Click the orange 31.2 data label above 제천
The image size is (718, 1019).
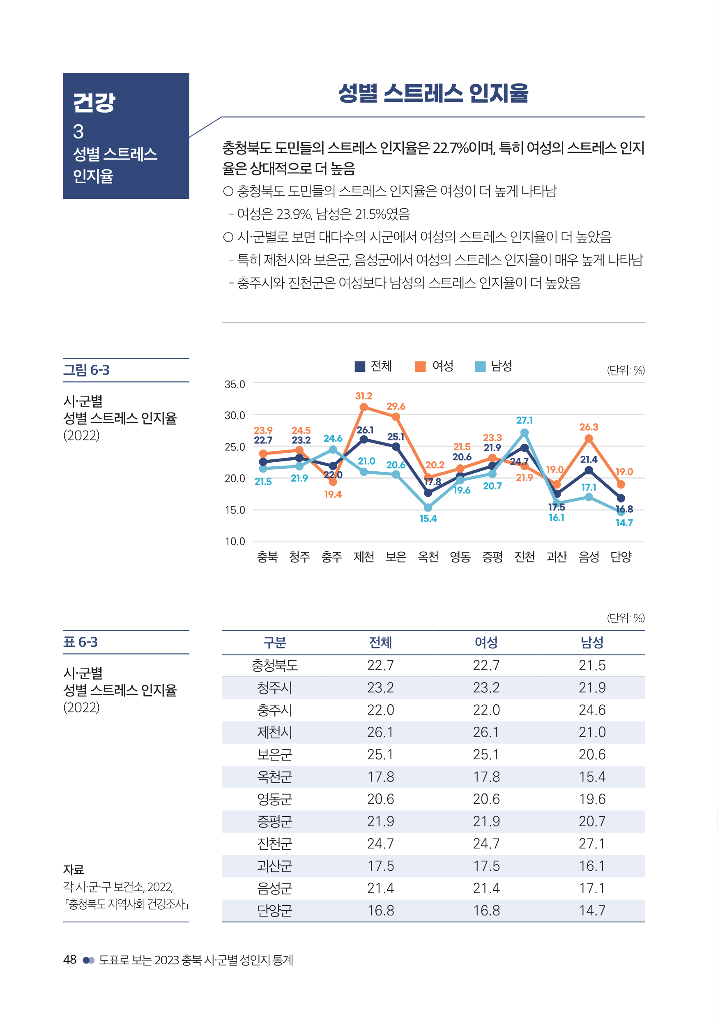click(x=364, y=395)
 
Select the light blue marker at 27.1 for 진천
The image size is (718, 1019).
click(x=524, y=432)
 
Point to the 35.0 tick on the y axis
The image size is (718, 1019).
click(x=235, y=384)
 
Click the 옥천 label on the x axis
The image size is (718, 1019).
click(x=428, y=556)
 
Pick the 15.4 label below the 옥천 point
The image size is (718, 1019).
click(x=428, y=519)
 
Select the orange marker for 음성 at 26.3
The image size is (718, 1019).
click(x=589, y=438)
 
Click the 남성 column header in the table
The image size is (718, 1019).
click(x=591, y=642)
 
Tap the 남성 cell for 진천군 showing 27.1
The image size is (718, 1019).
click(x=591, y=843)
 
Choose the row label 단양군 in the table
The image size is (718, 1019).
click(x=275, y=910)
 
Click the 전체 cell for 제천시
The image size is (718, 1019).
click(x=380, y=732)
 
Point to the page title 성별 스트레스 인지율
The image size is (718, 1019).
click(x=433, y=93)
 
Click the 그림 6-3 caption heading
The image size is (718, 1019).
click(x=87, y=370)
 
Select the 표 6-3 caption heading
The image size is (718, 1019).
click(x=81, y=642)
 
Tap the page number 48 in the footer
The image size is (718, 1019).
click(x=70, y=959)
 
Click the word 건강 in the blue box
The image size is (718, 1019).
click(x=94, y=103)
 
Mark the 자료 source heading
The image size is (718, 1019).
click(x=73, y=869)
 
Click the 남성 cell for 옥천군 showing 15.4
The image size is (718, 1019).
click(x=591, y=777)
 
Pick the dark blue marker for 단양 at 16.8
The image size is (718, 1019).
click(x=621, y=498)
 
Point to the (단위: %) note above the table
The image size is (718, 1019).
click(x=625, y=618)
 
